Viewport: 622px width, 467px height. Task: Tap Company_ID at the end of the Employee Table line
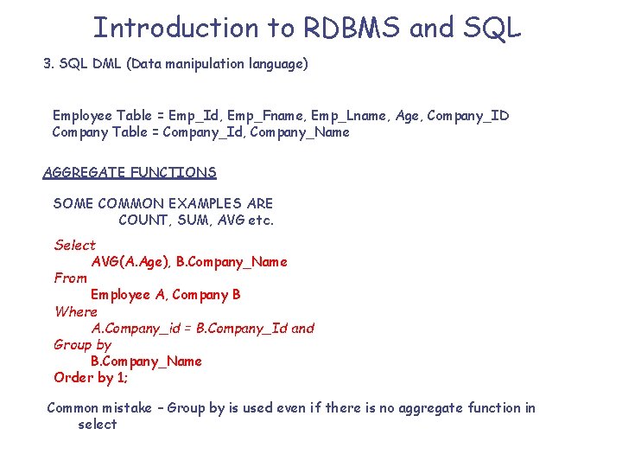(x=468, y=115)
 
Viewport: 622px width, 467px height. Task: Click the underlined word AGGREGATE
(x=85, y=172)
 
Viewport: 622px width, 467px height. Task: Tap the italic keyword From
(x=70, y=278)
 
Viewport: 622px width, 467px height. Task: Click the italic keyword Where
(x=75, y=311)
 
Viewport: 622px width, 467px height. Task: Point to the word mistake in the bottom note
(x=131, y=407)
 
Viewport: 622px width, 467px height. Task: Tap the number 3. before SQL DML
(x=48, y=64)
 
